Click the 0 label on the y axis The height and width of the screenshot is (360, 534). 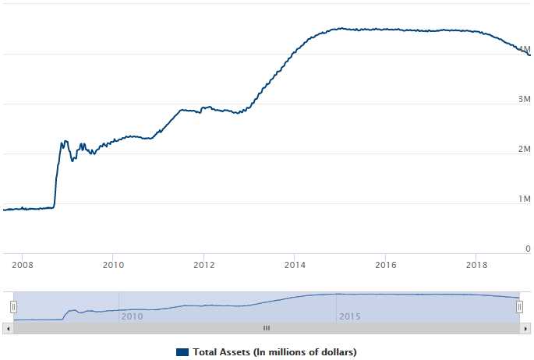pos(528,249)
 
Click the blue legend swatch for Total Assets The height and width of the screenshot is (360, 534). pos(182,352)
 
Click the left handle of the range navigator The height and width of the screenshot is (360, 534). pos(13,307)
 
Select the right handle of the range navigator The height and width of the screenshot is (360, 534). pos(519,307)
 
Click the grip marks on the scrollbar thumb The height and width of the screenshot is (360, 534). pos(266,328)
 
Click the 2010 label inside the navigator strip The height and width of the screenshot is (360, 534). pos(132,316)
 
